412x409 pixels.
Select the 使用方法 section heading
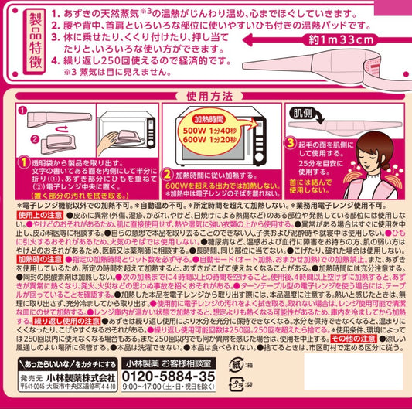pos(206,99)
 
